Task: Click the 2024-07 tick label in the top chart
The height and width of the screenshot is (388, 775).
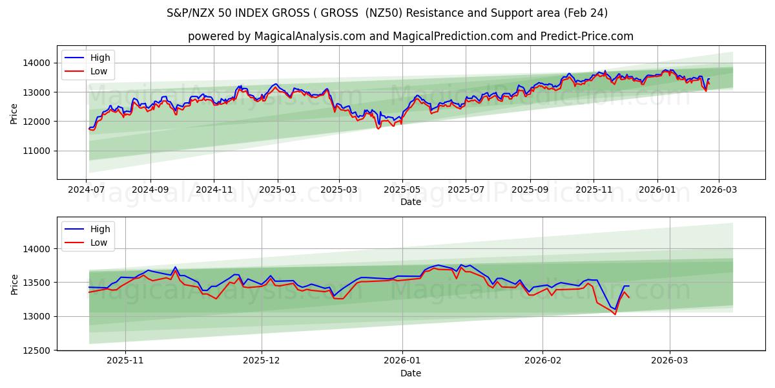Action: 87,189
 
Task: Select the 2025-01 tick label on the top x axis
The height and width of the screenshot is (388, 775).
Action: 278,189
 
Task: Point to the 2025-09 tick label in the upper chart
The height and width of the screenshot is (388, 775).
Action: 530,189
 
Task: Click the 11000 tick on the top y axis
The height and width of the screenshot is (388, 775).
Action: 37,151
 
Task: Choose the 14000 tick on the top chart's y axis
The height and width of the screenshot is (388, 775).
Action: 37,63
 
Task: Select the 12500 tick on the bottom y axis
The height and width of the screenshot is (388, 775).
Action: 37,350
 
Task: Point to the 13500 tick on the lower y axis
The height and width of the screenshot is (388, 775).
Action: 37,283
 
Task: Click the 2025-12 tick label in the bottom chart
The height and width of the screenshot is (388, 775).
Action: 262,361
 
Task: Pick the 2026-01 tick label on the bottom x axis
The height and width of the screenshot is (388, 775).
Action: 402,361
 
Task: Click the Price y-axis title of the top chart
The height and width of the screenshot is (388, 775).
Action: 14,113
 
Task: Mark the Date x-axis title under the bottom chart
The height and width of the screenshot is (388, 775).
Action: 411,373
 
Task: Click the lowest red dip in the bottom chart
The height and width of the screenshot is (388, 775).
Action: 615,314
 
